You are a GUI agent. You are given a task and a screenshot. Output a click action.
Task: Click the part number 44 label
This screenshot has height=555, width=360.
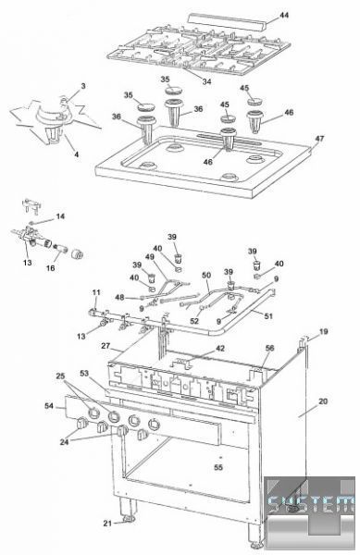(284, 15)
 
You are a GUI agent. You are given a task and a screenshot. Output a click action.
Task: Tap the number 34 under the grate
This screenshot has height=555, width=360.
(206, 81)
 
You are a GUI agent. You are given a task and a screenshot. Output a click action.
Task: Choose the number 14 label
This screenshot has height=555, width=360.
(60, 216)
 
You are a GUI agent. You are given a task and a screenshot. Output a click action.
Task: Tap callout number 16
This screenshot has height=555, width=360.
(50, 268)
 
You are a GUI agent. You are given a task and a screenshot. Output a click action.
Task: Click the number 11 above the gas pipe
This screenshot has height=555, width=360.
(96, 292)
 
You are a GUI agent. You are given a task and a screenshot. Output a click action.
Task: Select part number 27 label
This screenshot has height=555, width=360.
(106, 345)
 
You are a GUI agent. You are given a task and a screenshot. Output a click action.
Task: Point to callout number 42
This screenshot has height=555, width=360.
(220, 349)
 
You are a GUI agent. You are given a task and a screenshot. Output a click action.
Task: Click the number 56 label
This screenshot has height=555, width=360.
(269, 349)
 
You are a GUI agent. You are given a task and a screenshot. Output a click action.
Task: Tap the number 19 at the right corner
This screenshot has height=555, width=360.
(324, 332)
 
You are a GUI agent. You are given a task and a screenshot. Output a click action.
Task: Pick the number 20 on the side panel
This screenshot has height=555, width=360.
(323, 401)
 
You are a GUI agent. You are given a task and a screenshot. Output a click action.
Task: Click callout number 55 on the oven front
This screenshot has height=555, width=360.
(218, 467)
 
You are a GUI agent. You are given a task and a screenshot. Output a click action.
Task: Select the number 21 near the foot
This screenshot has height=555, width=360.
(107, 524)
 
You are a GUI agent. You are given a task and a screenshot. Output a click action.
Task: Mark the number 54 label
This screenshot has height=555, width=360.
(49, 406)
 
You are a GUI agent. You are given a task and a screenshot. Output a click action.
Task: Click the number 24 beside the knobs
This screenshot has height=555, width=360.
(64, 442)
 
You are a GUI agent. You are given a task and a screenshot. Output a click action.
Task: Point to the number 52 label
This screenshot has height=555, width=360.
(194, 321)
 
